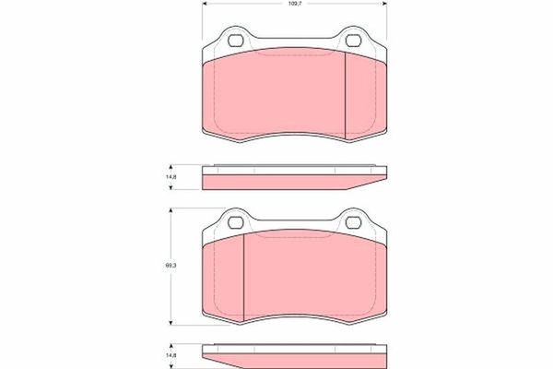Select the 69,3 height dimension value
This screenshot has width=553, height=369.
point(171,268)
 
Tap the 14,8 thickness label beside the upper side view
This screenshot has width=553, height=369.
point(171,178)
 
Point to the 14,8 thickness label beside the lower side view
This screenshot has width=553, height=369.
point(171,356)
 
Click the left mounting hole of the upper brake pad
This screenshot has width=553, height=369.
point(234,41)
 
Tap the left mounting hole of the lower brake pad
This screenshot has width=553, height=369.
point(234,220)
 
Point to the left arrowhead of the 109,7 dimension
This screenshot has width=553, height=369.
point(204,5)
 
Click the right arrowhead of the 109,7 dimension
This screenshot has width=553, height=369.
point(383,5)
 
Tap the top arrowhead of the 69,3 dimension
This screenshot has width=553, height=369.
point(171,211)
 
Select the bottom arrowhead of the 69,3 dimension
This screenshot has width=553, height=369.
point(171,325)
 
